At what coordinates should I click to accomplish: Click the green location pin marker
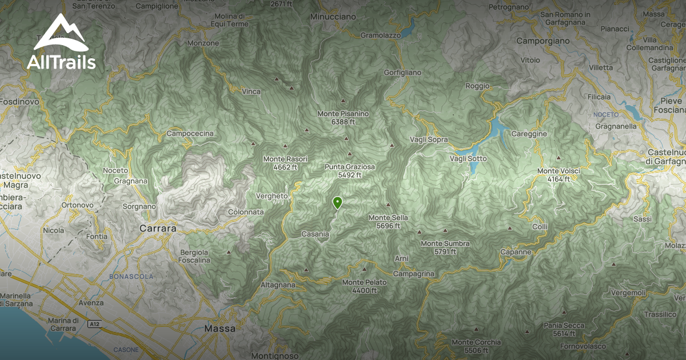[x=337, y=202]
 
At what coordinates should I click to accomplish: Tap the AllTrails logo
[x=61, y=43]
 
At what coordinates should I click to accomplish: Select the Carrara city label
[x=157, y=228]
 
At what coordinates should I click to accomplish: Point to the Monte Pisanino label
[x=343, y=117]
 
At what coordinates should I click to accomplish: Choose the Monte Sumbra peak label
[x=445, y=247]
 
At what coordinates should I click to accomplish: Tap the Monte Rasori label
[x=285, y=162]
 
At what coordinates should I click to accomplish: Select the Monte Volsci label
[x=559, y=175]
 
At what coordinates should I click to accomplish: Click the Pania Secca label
[x=564, y=329]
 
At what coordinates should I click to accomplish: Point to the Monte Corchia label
[x=476, y=346]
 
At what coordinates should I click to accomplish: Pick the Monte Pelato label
[x=364, y=286]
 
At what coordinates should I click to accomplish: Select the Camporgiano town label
[x=543, y=41]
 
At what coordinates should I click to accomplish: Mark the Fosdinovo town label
[x=19, y=101]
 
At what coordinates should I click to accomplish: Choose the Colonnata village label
[x=246, y=211]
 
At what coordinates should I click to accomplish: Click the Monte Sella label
[x=388, y=221]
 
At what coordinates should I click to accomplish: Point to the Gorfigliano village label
[x=402, y=73]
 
